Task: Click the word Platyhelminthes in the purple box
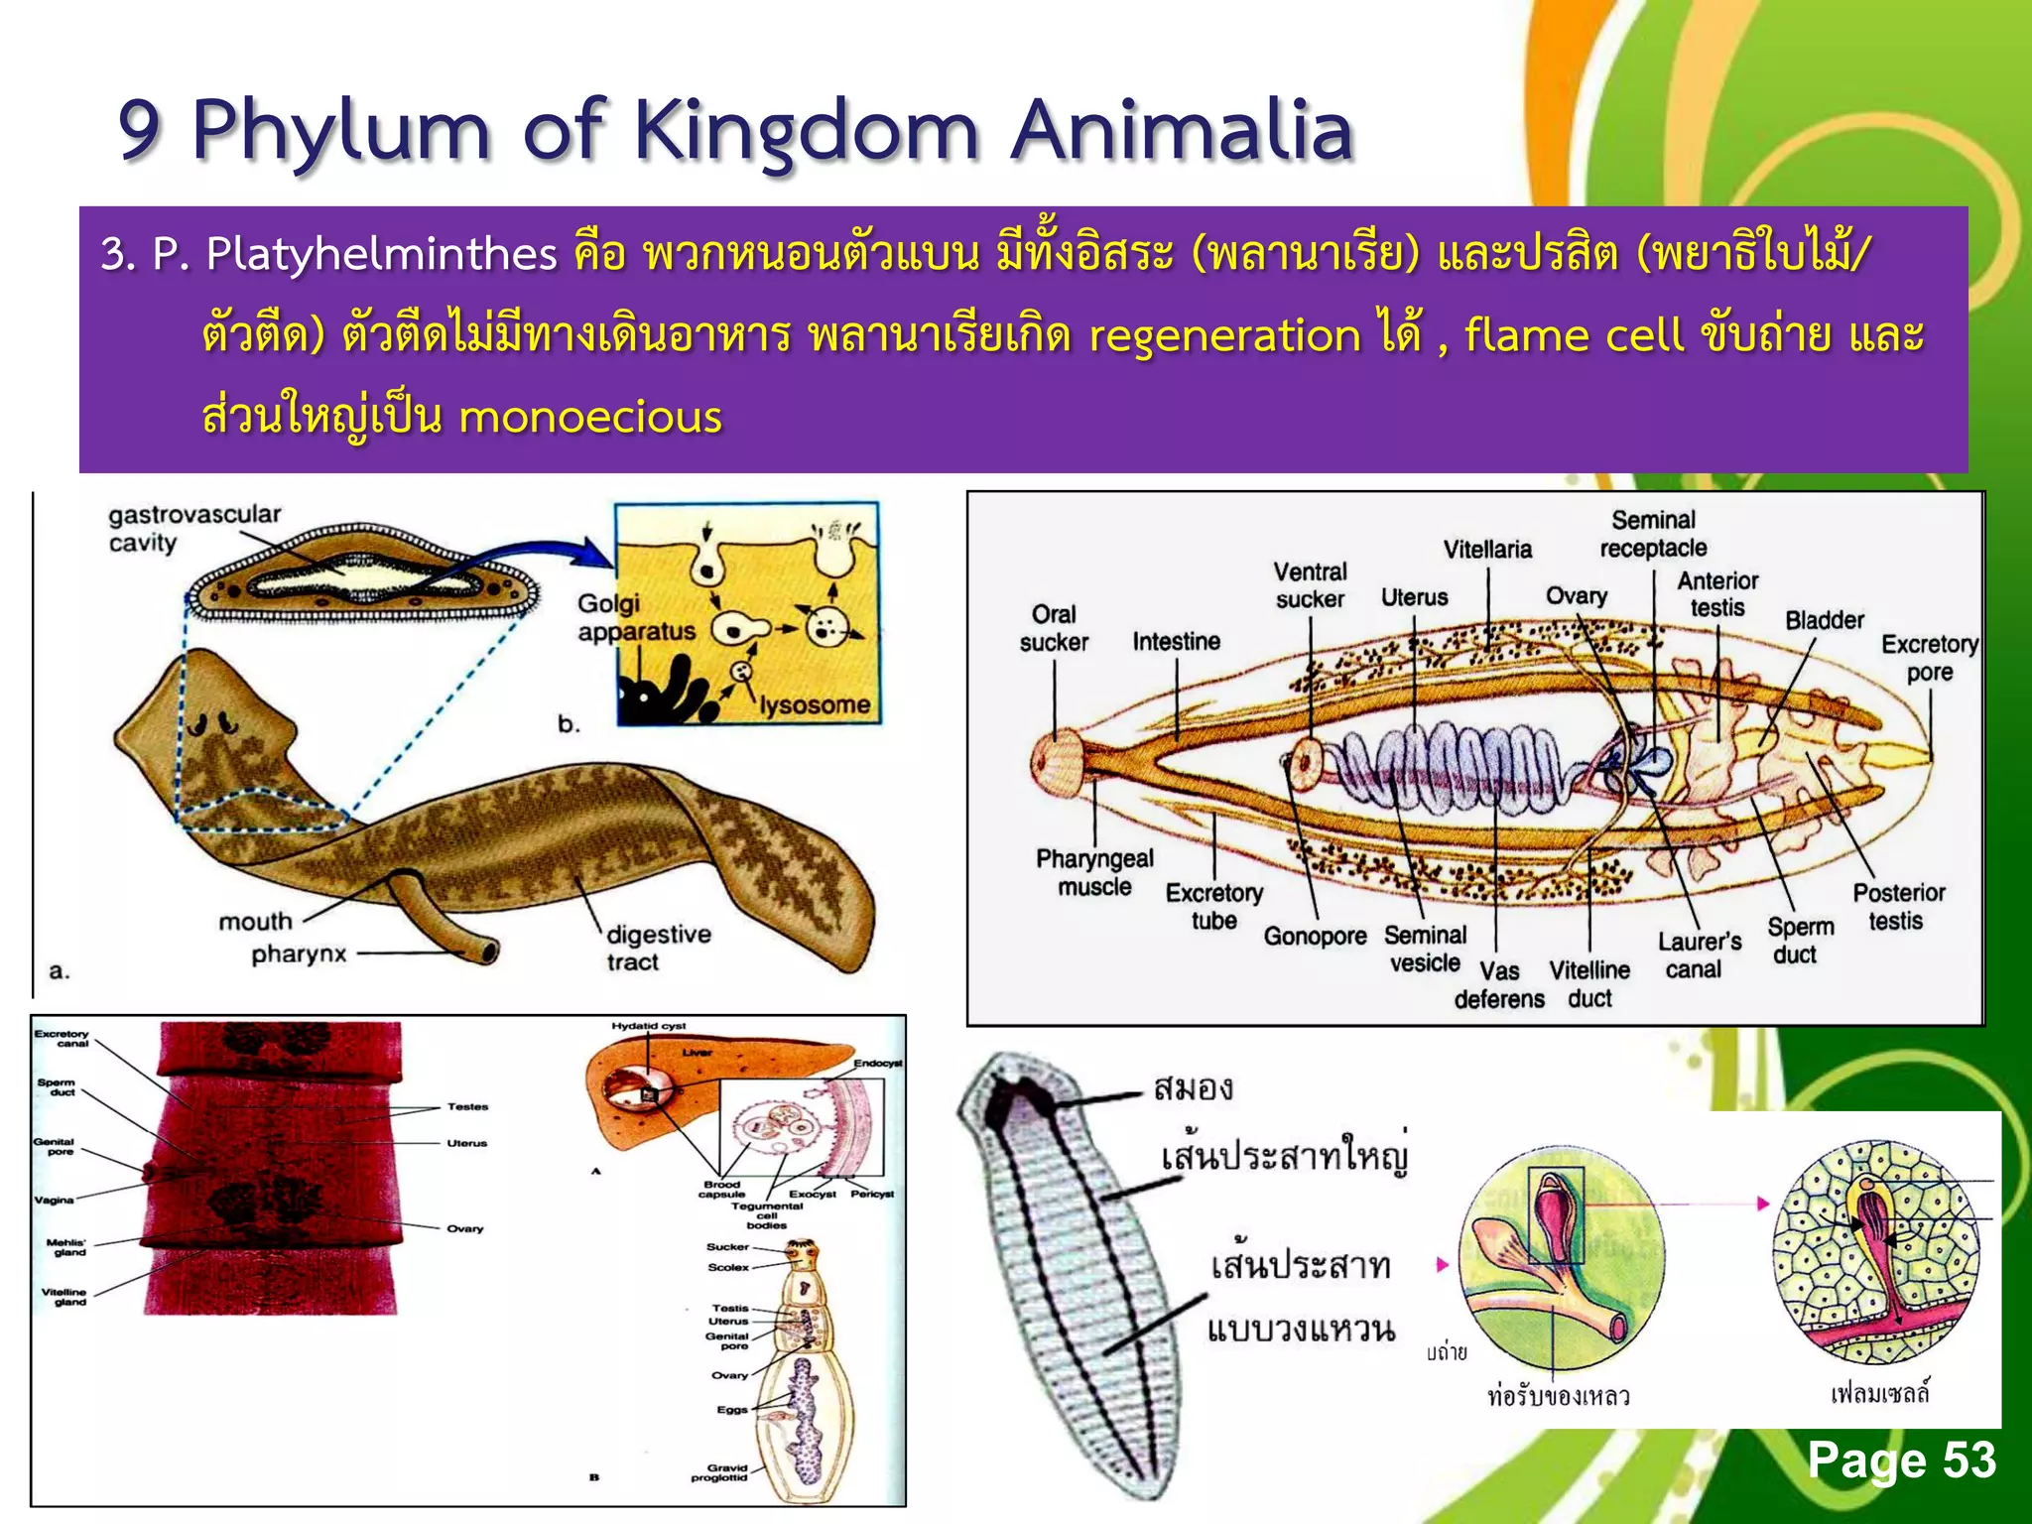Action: click(381, 254)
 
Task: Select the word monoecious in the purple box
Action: click(589, 417)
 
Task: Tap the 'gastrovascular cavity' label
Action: click(193, 528)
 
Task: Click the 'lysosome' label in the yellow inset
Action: click(815, 704)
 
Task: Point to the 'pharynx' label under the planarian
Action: click(299, 954)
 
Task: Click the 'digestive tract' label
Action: click(658, 948)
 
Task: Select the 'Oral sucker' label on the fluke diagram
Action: click(1054, 628)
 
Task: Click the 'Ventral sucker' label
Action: click(1310, 585)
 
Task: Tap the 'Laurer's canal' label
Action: click(1699, 954)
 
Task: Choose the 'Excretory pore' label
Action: click(1929, 658)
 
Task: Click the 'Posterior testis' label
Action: click(1898, 906)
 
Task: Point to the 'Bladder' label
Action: click(1824, 620)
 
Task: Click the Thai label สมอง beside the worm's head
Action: click(1194, 1088)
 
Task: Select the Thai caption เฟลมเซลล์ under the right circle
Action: click(1879, 1393)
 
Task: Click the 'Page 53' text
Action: click(1900, 1460)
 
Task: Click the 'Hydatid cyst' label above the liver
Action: click(648, 1026)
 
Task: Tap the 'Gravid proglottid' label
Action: click(720, 1472)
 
